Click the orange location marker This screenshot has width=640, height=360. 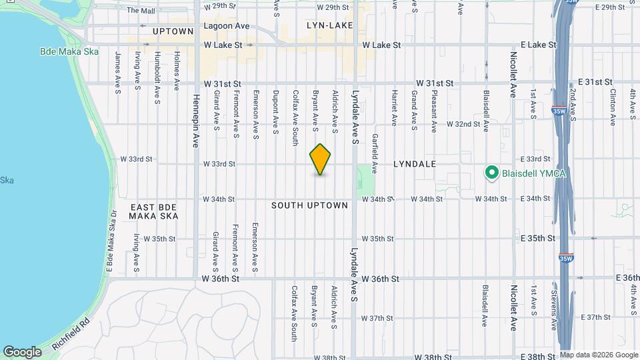321,159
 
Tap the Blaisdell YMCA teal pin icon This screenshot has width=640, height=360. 492,173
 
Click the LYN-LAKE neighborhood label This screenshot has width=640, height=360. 329,25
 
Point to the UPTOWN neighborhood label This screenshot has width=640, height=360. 173,31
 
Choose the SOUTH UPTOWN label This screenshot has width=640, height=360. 309,205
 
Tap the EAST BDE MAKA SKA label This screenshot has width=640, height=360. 154,212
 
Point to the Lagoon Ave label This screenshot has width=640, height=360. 227,26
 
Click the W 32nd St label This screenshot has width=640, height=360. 463,124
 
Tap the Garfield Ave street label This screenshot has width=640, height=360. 375,154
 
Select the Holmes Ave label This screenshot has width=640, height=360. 177,71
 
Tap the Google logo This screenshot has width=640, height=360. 23,351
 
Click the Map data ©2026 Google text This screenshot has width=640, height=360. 599,355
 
